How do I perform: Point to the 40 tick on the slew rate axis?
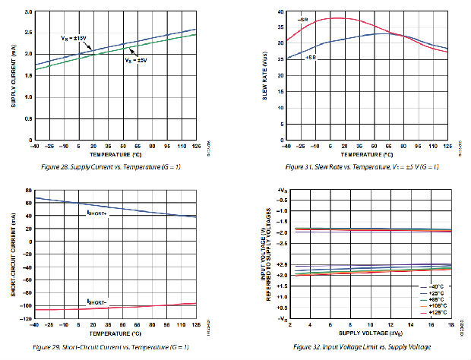point(280,12)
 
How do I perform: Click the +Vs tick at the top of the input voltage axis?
point(281,189)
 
